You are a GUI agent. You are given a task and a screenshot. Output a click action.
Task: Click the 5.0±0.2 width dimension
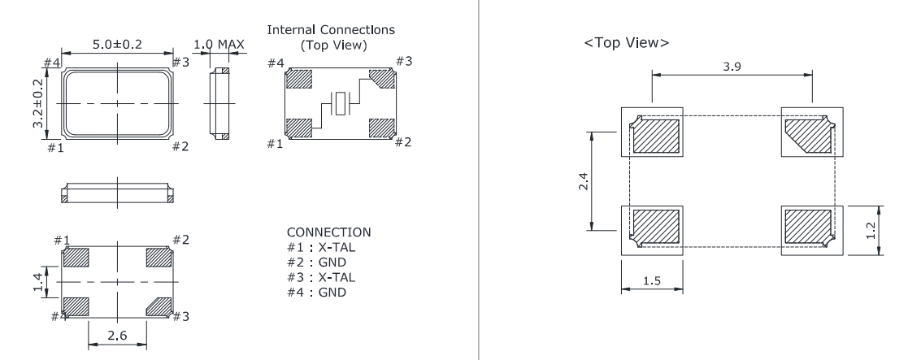click(x=118, y=46)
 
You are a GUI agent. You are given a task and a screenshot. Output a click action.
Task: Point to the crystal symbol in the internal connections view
click(x=341, y=104)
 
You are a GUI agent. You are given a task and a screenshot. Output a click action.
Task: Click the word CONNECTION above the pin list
click(x=324, y=232)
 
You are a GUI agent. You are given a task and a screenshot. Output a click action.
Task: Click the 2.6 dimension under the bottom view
click(x=117, y=333)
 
